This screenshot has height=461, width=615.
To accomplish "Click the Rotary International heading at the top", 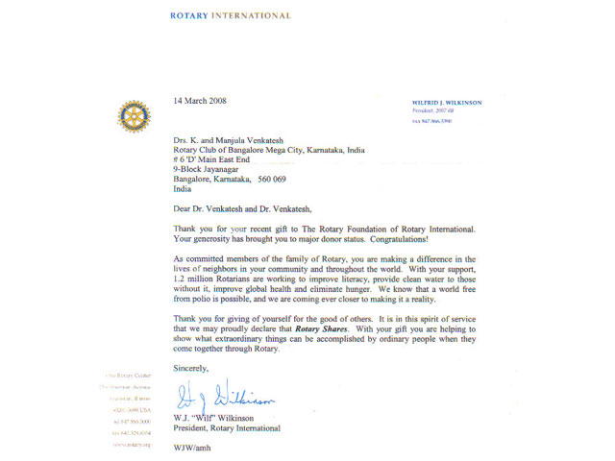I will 230,16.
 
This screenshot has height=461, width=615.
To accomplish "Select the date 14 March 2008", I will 200,101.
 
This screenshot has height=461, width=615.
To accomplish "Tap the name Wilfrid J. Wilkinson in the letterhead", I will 446,102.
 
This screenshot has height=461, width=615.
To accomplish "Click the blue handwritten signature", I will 226,396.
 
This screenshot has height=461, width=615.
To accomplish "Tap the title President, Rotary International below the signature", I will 227,427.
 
